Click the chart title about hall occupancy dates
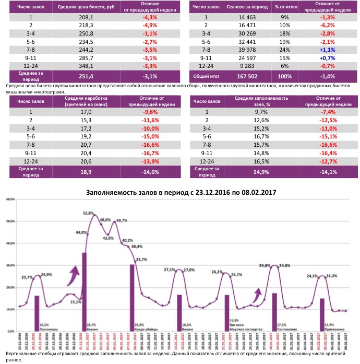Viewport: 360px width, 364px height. point(181,192)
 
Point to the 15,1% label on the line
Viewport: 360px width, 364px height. point(76,301)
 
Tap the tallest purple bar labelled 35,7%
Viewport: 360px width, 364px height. point(84,290)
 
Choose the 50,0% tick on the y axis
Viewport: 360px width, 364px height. point(10,221)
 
